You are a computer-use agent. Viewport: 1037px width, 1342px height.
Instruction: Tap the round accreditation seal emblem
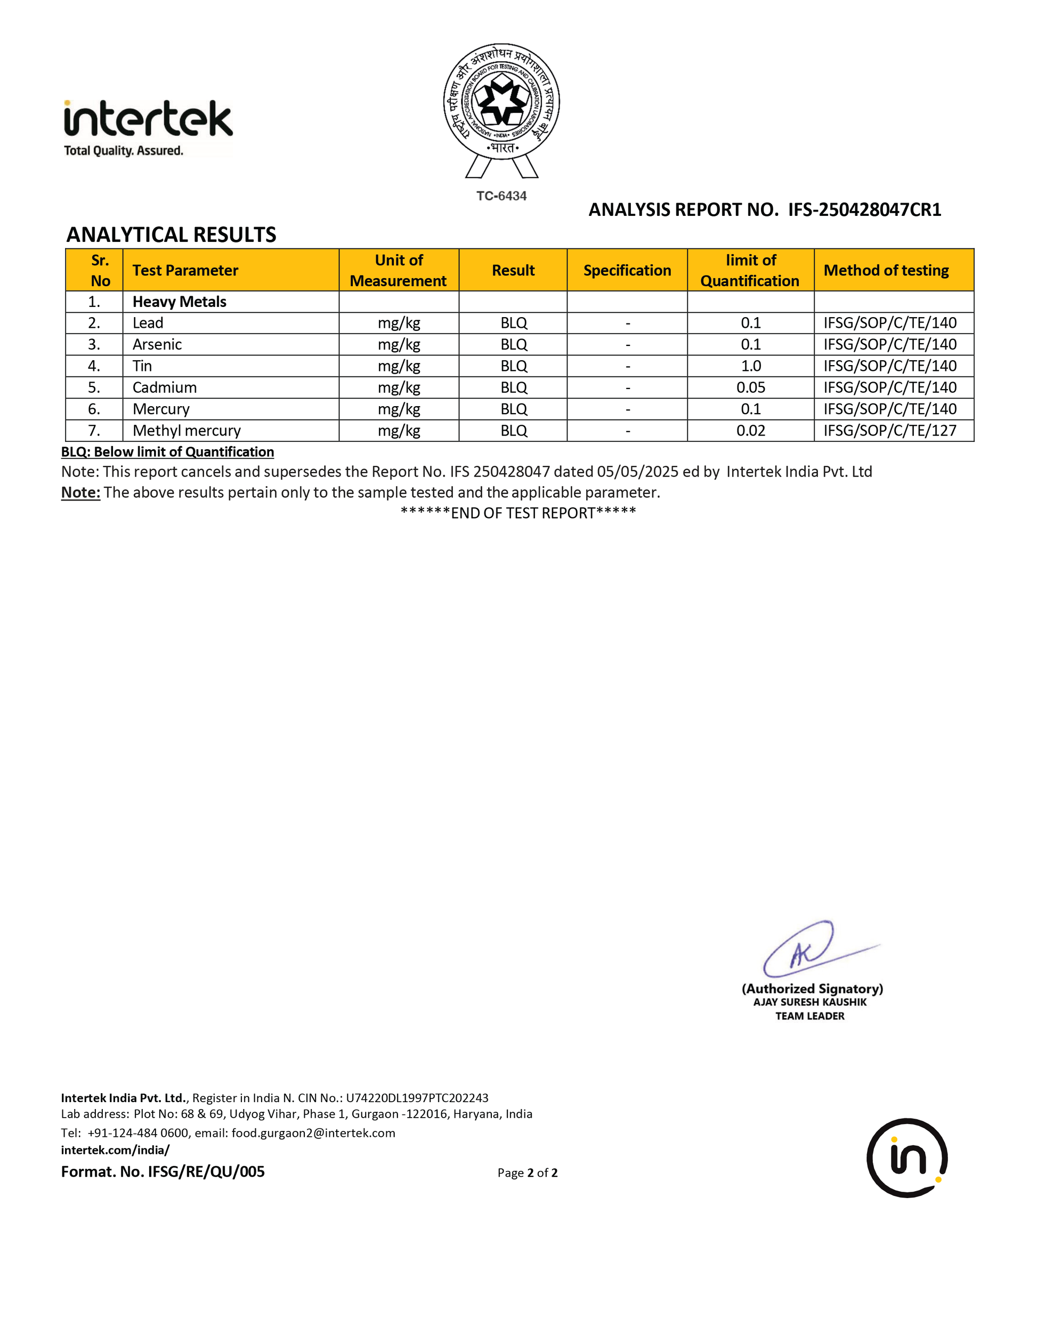click(501, 102)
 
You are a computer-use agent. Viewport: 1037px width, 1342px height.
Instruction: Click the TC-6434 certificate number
click(501, 196)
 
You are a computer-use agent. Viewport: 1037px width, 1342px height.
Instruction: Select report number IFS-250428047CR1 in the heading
click(864, 210)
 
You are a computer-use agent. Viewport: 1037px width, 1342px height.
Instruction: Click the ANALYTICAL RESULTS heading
click(172, 235)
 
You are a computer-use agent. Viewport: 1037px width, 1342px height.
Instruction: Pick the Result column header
click(513, 270)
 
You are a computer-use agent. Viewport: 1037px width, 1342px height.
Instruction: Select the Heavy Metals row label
click(180, 302)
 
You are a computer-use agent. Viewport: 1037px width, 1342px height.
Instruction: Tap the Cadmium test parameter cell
click(165, 387)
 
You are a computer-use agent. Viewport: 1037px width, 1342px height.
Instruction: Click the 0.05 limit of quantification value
click(751, 387)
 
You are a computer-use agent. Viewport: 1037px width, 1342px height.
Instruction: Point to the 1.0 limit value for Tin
click(751, 366)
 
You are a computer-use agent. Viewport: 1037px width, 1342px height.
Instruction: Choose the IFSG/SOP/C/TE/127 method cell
click(890, 431)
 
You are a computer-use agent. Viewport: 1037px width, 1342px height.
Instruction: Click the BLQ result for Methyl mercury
click(514, 431)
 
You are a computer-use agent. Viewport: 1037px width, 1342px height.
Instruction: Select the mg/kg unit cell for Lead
click(399, 323)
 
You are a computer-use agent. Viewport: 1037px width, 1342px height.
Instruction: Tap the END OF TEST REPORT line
click(518, 513)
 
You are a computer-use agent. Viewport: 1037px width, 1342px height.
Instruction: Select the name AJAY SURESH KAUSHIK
click(809, 1002)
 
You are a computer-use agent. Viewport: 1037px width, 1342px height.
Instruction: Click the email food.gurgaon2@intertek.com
click(313, 1133)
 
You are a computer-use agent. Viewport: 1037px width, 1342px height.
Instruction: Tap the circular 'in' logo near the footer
click(907, 1158)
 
